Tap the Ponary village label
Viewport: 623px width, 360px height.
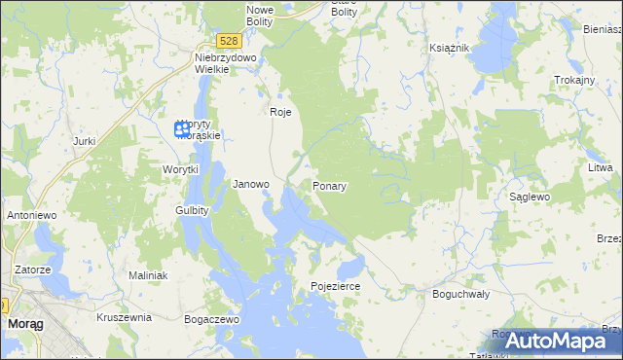pos(331,185)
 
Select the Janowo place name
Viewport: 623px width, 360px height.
pos(251,184)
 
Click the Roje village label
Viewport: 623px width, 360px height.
pos(280,112)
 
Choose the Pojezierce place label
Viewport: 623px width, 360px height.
pos(336,287)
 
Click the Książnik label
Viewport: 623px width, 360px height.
pos(450,48)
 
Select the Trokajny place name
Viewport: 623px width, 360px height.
pos(573,80)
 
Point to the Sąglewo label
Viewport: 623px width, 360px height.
pos(531,197)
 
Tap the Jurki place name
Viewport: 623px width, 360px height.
pos(84,141)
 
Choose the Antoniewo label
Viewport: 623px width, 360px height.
pos(31,214)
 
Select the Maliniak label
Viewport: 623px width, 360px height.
pos(148,275)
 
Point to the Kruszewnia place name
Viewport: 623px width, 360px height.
pos(124,317)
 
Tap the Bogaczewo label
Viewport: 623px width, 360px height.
pos(211,318)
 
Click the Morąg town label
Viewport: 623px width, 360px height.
pos(23,322)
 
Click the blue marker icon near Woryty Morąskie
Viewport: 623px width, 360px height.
pos(181,127)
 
